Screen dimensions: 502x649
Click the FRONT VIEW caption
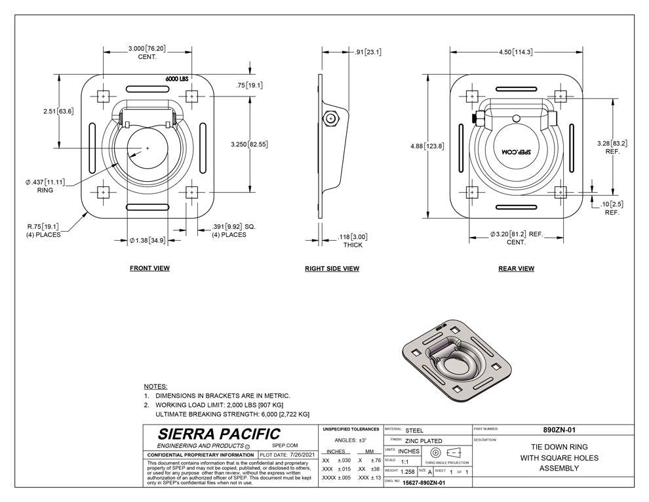[x=149, y=268]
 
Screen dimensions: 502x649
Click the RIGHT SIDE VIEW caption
[x=332, y=268]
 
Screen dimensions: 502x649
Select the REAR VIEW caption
[x=516, y=268]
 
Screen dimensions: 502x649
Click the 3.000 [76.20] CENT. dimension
[x=146, y=52]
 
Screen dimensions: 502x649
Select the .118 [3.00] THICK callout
[x=353, y=240]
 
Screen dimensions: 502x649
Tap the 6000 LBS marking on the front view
[x=176, y=79]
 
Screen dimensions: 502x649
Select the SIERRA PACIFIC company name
[x=219, y=434]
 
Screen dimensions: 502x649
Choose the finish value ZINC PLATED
[x=423, y=440]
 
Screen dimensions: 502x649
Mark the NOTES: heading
[x=155, y=387]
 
